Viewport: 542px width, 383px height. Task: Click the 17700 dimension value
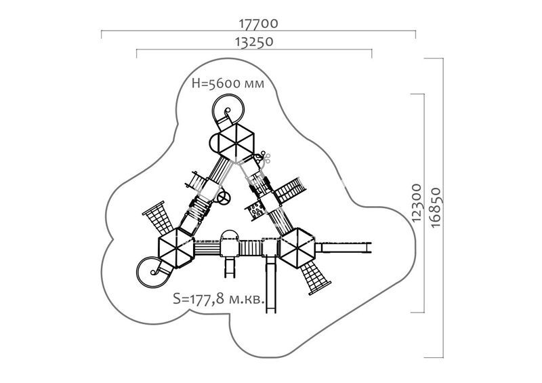[x=258, y=24]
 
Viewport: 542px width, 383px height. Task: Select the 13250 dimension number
[x=254, y=42]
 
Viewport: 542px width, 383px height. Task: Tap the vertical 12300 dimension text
[x=417, y=203]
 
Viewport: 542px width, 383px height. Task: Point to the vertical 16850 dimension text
[x=436, y=207]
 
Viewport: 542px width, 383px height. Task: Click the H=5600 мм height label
[x=228, y=83]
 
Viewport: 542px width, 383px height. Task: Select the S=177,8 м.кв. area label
[x=219, y=298]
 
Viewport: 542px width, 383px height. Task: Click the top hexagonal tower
[x=236, y=142]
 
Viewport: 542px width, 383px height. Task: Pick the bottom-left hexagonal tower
[x=176, y=247]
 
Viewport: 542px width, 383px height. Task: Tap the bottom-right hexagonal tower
[x=297, y=247]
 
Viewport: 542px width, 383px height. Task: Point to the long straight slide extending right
[x=343, y=247]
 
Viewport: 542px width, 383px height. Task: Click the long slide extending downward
[x=270, y=284]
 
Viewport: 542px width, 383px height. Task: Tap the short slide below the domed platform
[x=230, y=266]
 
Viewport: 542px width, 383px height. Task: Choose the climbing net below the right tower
[x=314, y=277]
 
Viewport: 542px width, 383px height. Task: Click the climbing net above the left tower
[x=159, y=218]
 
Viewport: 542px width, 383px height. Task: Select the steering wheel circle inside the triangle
[x=224, y=198]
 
